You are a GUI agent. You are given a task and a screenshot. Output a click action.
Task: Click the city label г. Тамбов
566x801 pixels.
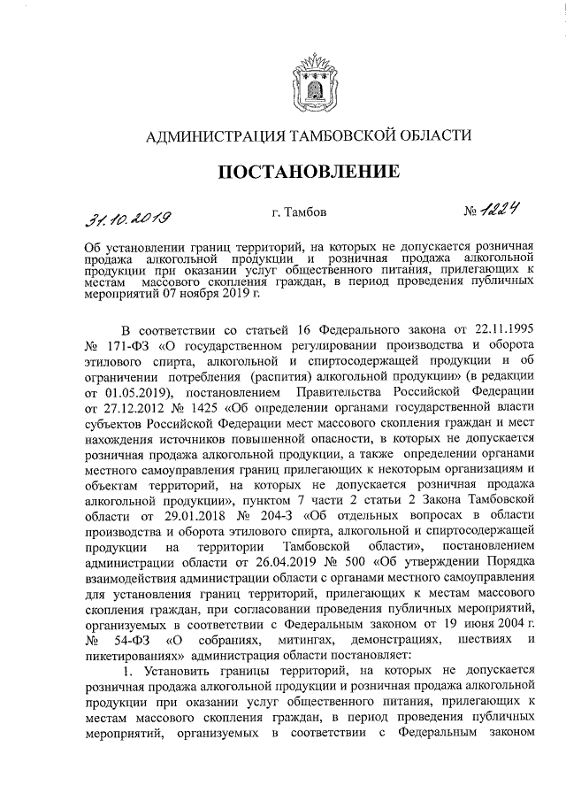click(300, 212)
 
